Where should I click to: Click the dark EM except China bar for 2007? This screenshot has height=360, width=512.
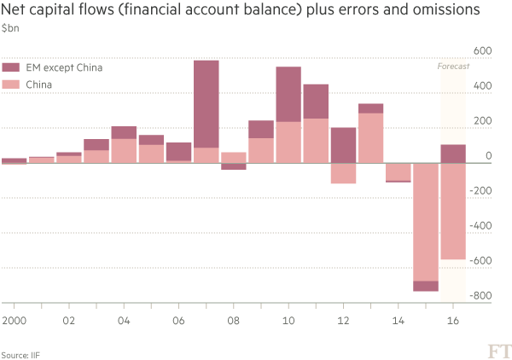[207, 103]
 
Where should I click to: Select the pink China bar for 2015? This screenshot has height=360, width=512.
[425, 222]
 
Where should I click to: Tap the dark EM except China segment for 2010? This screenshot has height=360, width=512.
[288, 94]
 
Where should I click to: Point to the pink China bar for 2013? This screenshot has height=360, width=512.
[370, 137]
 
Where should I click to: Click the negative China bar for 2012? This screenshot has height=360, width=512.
[343, 173]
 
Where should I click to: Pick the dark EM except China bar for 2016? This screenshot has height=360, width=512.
[452, 154]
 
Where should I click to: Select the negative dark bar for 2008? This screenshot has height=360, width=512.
[234, 166]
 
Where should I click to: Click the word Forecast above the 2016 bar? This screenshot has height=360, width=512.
[453, 66]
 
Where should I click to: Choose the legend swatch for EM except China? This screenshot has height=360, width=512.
[11, 67]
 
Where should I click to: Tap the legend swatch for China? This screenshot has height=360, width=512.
[11, 84]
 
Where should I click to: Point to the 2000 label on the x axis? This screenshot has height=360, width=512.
[12, 322]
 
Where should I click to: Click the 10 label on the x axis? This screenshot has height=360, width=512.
[289, 322]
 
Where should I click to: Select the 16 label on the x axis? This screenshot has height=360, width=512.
[453, 322]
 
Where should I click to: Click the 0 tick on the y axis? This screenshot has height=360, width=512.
[487, 156]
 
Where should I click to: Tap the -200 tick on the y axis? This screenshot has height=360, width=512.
[480, 190]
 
